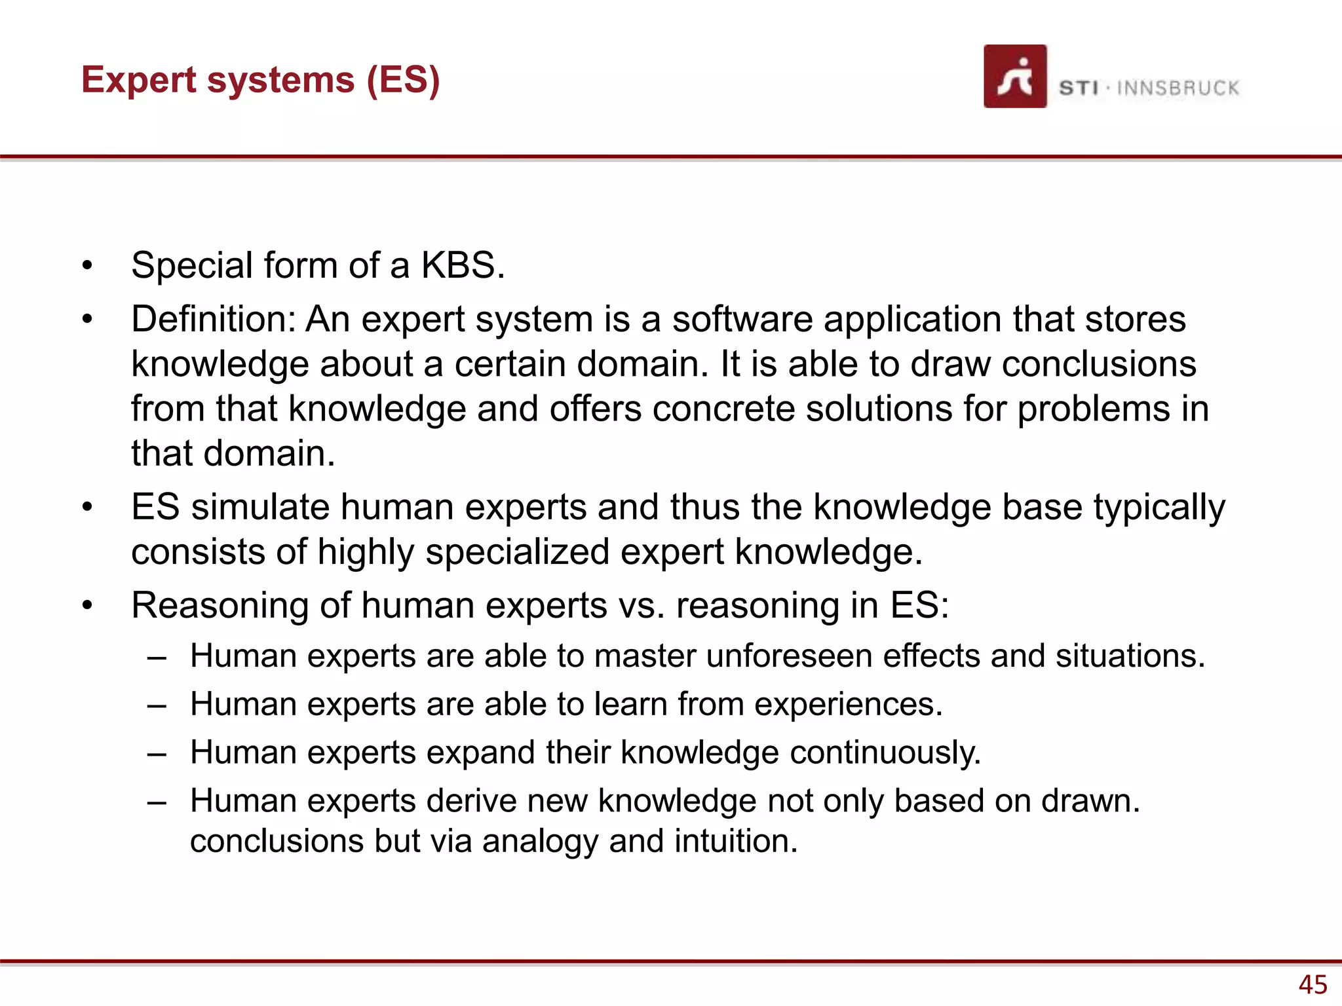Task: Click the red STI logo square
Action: (1014, 76)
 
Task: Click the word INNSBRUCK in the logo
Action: (1178, 88)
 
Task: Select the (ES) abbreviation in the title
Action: (402, 81)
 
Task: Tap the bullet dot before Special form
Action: (87, 266)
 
